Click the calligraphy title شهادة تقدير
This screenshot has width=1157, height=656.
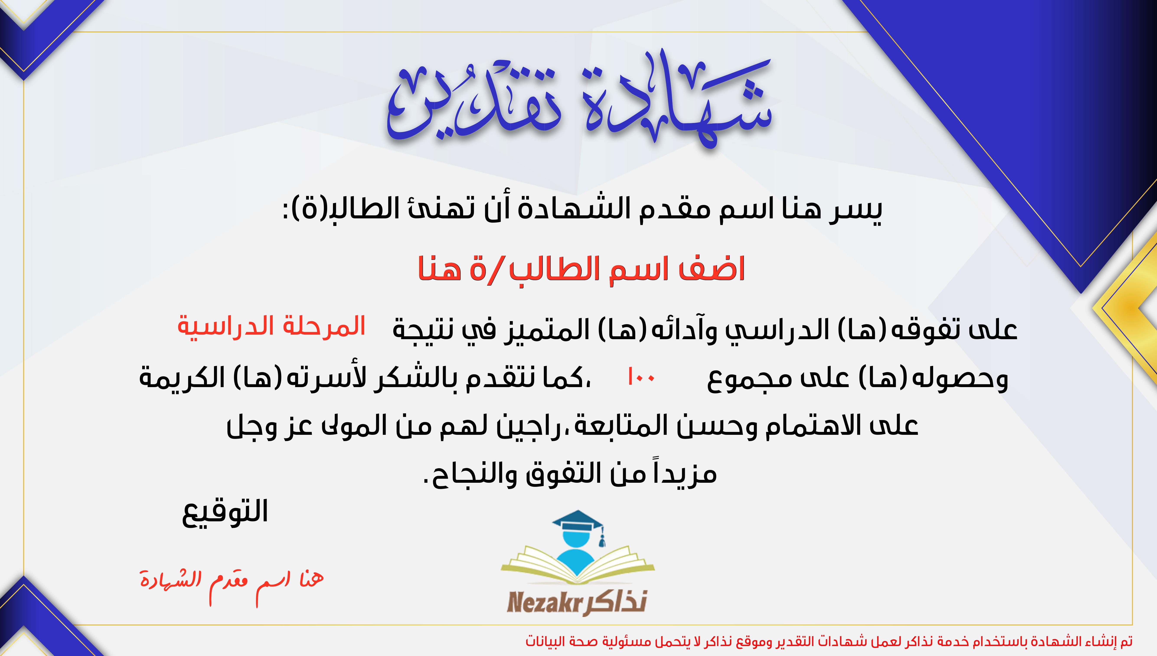(x=579, y=101)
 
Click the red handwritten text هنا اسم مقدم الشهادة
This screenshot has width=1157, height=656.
(x=232, y=584)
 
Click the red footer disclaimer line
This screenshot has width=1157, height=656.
(x=829, y=641)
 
